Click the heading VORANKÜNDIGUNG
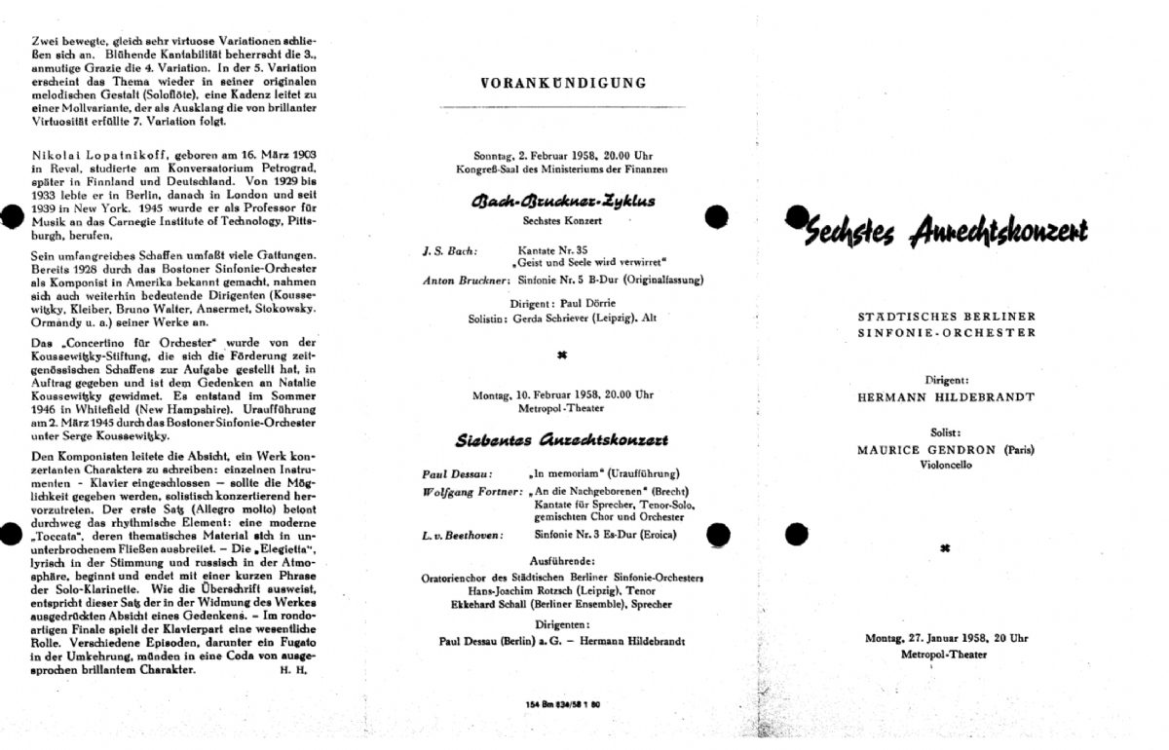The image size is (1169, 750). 563,83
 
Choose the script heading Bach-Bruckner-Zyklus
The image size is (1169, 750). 563,202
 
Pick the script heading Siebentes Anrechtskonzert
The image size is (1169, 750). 563,440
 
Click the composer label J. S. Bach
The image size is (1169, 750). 450,250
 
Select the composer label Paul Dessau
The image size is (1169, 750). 448,473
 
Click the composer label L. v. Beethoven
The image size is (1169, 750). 461,535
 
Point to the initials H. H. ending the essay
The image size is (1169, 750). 293,670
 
